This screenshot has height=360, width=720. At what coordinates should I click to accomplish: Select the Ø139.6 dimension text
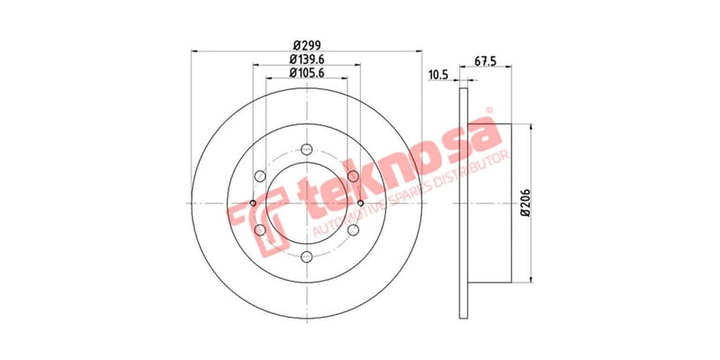click(306, 58)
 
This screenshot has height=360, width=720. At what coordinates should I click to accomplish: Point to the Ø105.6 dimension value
click(306, 74)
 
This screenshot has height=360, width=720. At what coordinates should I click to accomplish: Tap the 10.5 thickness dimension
click(438, 75)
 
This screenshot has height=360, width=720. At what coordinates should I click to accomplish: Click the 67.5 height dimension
click(487, 62)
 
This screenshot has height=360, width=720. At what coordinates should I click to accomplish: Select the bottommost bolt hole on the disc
click(306, 258)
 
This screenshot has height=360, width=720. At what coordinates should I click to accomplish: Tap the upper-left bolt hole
click(259, 176)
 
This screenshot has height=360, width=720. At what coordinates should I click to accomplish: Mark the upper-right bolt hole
click(353, 176)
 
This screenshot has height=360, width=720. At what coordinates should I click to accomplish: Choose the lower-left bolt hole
click(259, 231)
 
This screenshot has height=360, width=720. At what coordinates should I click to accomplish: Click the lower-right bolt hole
click(353, 231)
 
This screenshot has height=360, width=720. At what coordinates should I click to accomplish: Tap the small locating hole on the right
click(360, 203)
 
